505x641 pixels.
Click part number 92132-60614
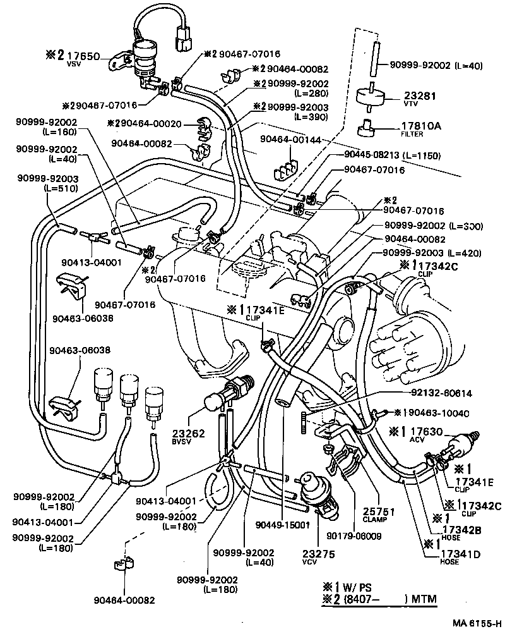(x=442, y=393)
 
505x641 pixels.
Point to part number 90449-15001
(x=282, y=524)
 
